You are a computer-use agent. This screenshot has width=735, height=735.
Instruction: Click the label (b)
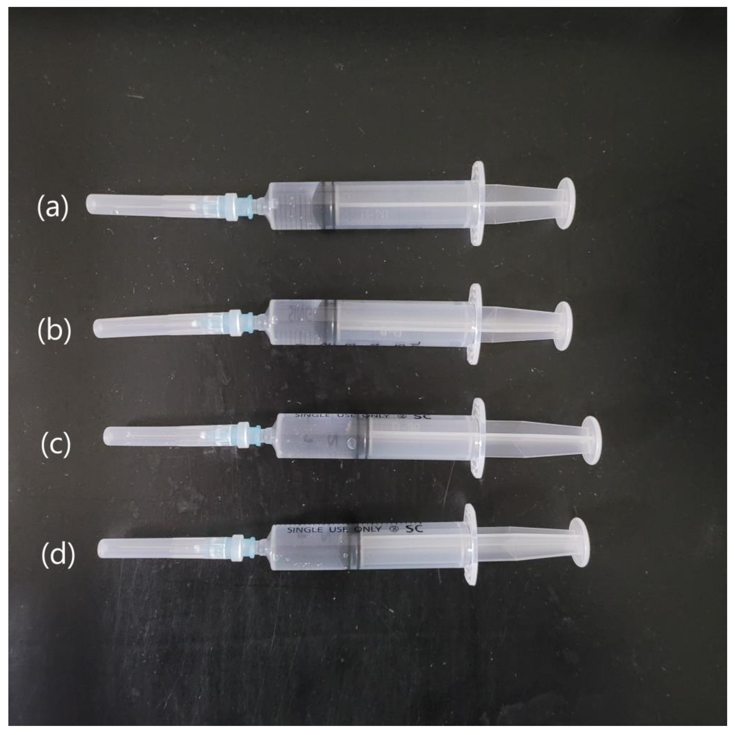[54, 330]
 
